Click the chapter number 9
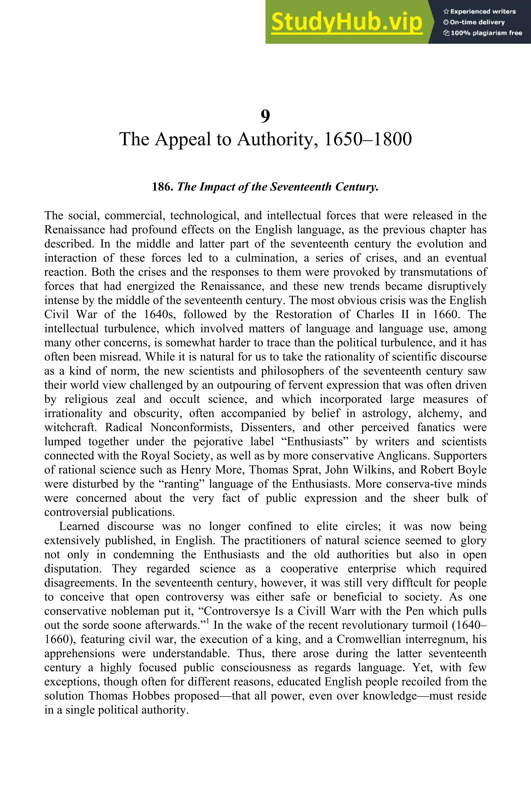(x=265, y=116)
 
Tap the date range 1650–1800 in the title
(x=367, y=139)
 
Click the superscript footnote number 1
(x=208, y=620)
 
